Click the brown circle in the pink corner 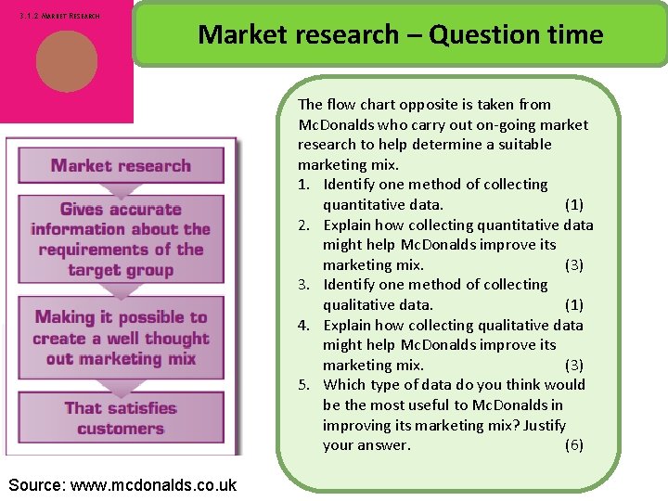click(67, 61)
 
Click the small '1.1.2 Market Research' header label click(59, 16)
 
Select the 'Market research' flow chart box click(121, 166)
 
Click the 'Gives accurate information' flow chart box click(121, 239)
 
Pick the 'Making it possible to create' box click(121, 338)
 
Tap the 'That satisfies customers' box click(121, 417)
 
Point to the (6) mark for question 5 click(574, 445)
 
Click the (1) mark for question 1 click(574, 204)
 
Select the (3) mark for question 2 click(574, 264)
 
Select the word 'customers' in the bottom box click(121, 429)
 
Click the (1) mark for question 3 click(574, 304)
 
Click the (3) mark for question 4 click(574, 365)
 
